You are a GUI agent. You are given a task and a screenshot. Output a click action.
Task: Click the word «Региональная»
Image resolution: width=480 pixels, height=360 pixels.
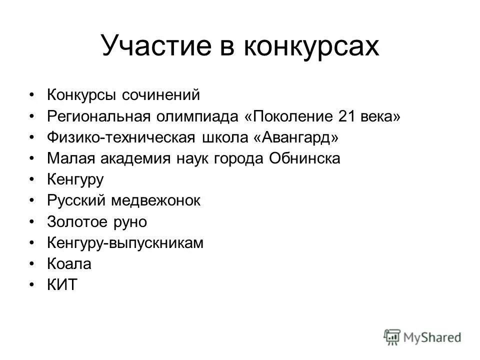tap(99, 116)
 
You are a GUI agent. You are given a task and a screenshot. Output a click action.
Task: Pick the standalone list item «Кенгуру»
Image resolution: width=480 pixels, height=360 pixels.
tap(75, 180)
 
